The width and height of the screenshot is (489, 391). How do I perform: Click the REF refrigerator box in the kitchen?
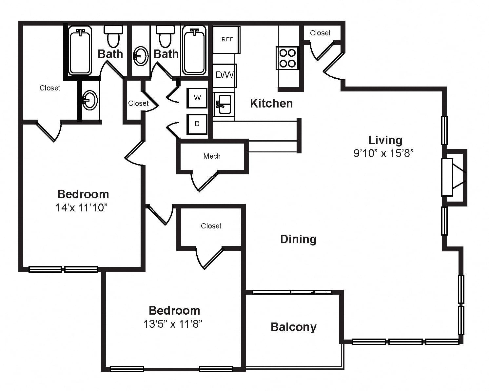tap(226, 40)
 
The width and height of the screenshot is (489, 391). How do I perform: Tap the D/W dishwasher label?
tap(225, 75)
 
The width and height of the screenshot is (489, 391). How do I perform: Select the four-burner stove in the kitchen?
tap(287, 58)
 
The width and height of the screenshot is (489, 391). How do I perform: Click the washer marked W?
tap(197, 98)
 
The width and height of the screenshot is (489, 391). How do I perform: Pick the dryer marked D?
tap(197, 124)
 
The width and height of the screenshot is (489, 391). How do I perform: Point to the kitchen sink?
tap(224, 105)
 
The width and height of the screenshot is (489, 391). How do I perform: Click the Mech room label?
tap(212, 156)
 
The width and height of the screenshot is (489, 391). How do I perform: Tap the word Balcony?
tap(294, 327)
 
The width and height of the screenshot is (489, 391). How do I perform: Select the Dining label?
tap(298, 239)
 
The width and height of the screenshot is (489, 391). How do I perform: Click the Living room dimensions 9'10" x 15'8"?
tap(383, 153)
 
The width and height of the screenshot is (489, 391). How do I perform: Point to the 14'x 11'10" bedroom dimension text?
tap(81, 207)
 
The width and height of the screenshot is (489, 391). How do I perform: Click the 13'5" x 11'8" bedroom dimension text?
tap(173, 324)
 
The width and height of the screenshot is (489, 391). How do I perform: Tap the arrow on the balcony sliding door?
tap(319, 292)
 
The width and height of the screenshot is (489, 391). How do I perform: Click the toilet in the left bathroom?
tap(113, 36)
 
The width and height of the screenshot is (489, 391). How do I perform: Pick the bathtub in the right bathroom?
tap(194, 50)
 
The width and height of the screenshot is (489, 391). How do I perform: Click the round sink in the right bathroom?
tap(141, 56)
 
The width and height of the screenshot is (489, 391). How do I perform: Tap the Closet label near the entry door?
tap(320, 33)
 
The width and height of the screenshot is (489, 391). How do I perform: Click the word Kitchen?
tap(271, 104)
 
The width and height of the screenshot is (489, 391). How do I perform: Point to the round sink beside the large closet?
tap(90, 100)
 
